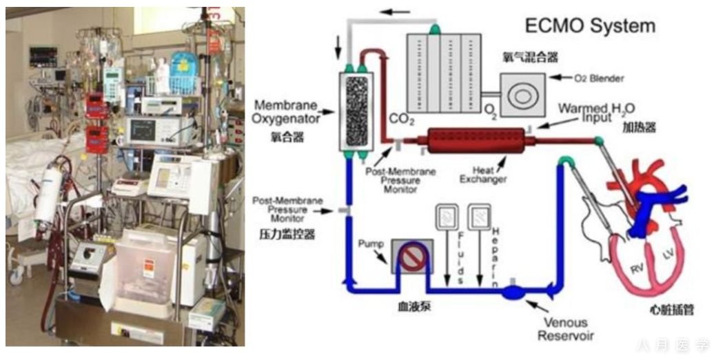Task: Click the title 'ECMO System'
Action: point(590,27)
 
